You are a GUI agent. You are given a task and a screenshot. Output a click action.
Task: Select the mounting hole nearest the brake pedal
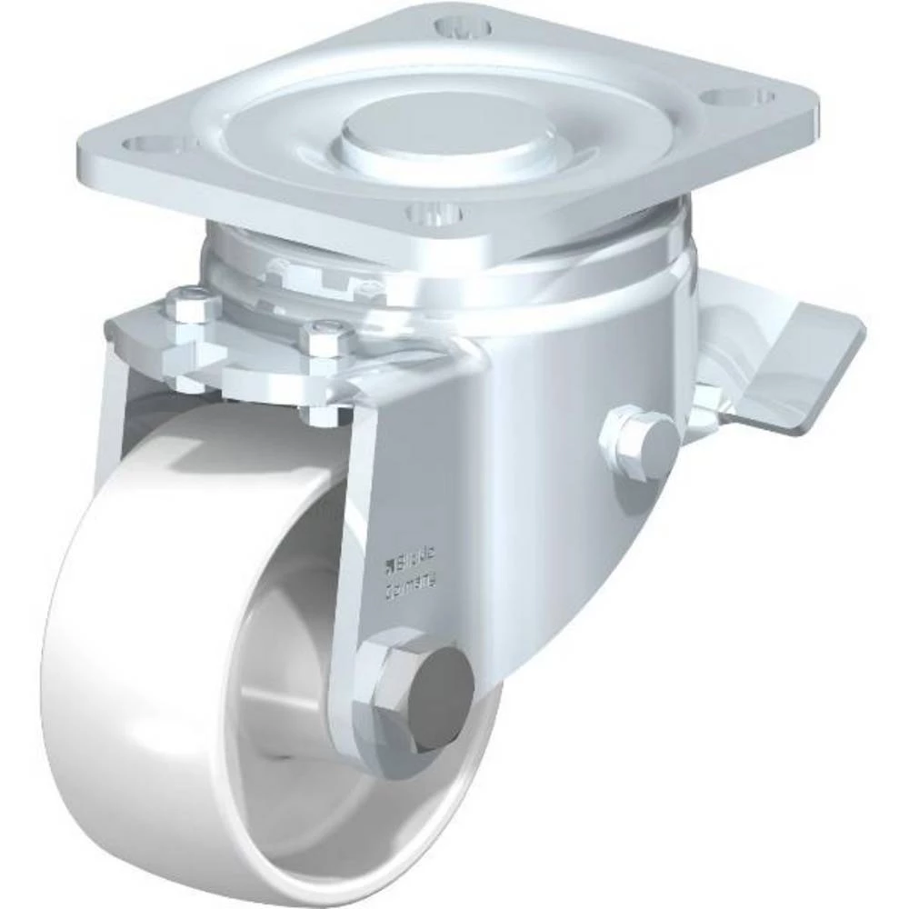738,95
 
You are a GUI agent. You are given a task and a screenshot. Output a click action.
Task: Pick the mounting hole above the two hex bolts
147,144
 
